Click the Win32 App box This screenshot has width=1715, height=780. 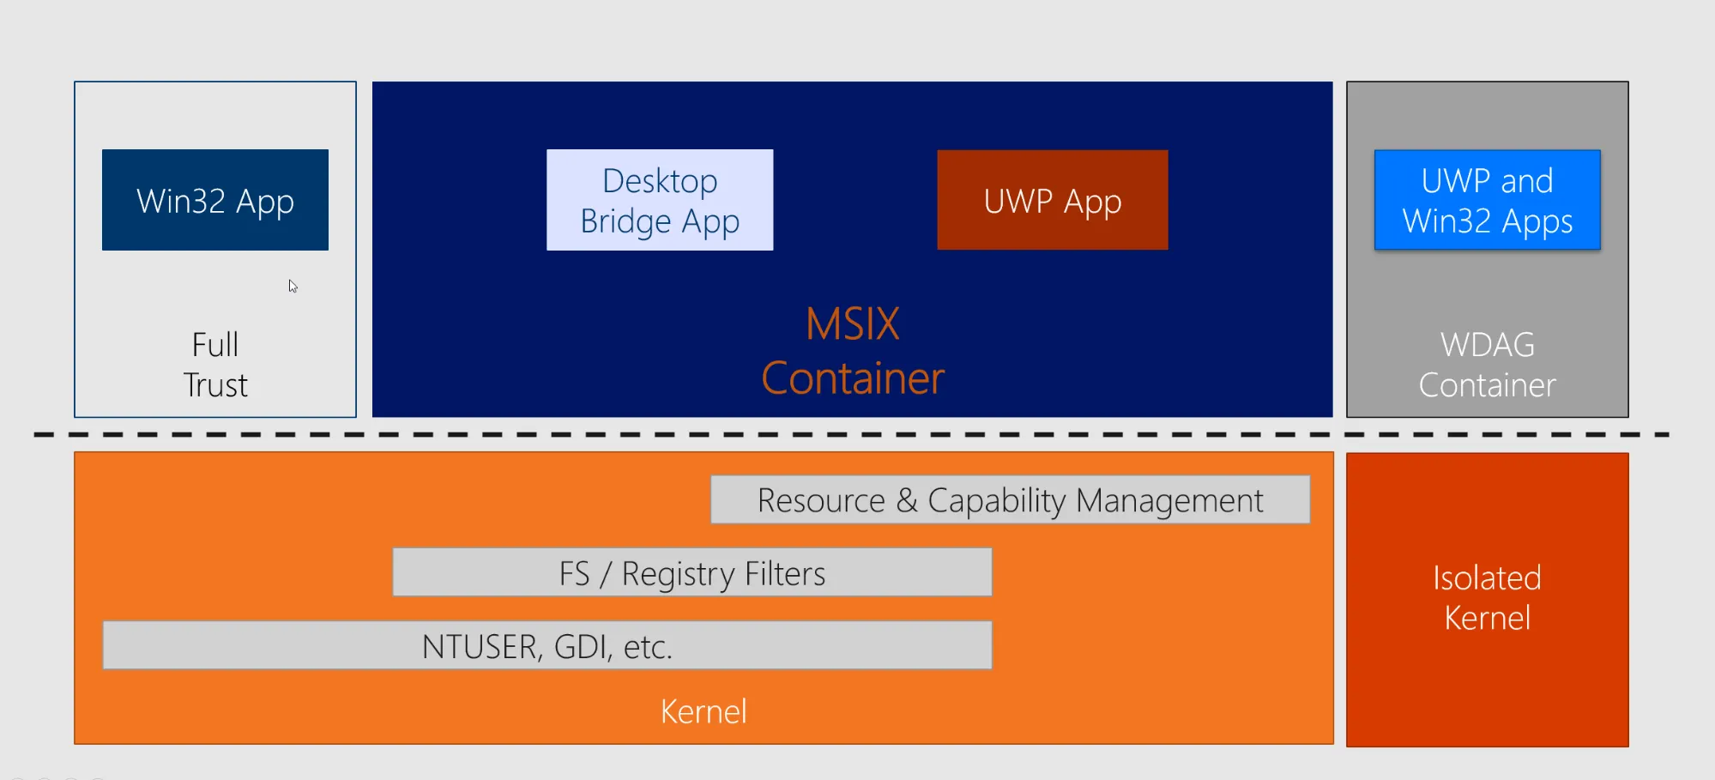(215, 200)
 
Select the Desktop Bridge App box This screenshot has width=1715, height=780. (660, 200)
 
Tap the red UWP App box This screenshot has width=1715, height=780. (1053, 200)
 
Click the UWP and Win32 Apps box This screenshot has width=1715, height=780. (1488, 200)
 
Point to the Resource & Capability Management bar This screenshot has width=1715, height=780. (1011, 499)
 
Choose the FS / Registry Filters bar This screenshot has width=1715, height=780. (692, 572)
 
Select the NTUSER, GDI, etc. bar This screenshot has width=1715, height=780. (547, 645)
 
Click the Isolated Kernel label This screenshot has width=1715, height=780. (1488, 598)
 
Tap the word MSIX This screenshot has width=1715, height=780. (853, 324)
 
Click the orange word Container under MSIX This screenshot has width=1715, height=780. (853, 378)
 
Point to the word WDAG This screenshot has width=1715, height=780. (1488, 345)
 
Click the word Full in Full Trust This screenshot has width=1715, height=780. (215, 345)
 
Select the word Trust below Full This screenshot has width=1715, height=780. (215, 385)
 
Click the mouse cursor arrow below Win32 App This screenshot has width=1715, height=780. (293, 286)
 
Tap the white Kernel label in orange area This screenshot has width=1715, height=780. (704, 711)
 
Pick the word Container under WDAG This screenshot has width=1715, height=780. (1488, 385)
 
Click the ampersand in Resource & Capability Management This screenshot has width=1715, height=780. (907, 500)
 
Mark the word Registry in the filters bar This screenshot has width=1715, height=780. (678, 574)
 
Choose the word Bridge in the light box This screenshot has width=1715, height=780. (625, 221)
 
